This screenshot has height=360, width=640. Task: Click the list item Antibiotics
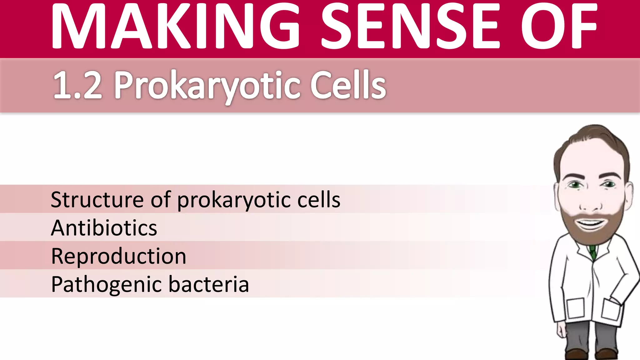coord(104,228)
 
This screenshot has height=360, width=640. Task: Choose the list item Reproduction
coord(118,256)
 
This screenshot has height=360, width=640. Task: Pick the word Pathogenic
coord(106,285)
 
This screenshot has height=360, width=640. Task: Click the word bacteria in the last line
coord(209,284)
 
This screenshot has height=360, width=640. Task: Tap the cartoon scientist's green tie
coord(592,252)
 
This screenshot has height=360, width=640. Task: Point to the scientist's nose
coord(590,203)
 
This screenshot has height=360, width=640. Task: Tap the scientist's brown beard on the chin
coord(590,236)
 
